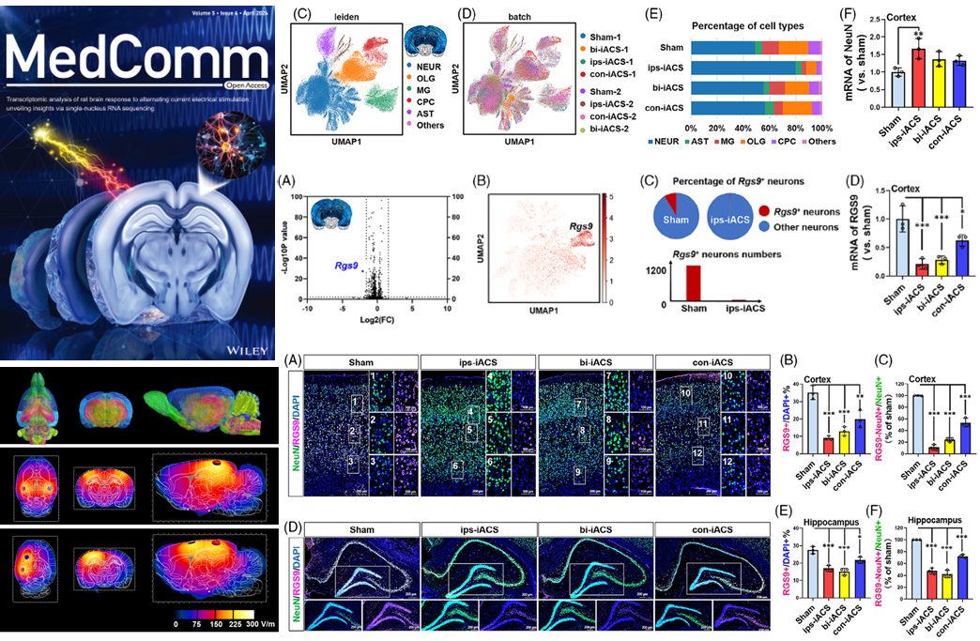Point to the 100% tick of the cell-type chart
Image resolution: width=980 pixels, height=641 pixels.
pos(820,128)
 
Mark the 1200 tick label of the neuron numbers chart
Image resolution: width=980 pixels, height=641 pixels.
pos(652,269)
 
